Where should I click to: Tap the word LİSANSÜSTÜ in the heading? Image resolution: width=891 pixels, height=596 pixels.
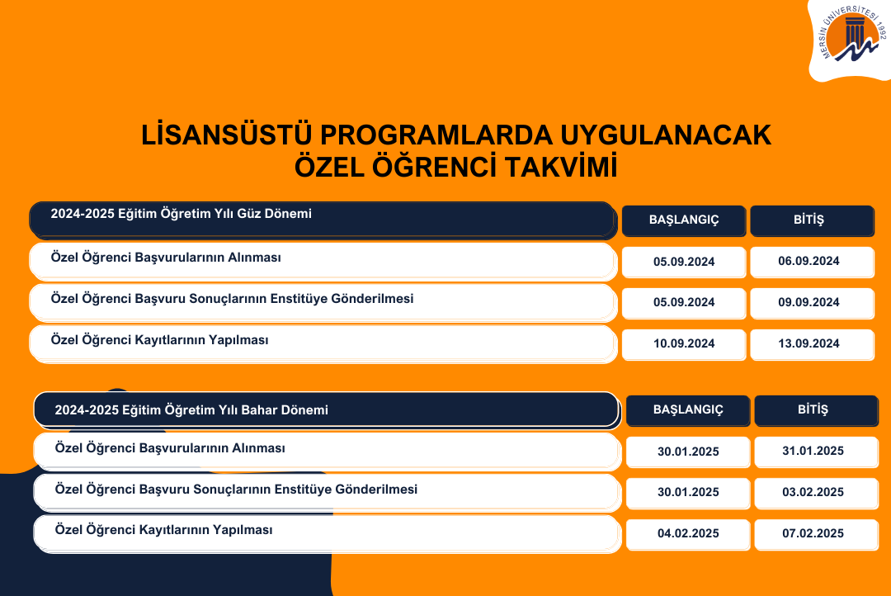(x=226, y=135)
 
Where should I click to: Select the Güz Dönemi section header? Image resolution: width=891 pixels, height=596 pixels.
(x=323, y=220)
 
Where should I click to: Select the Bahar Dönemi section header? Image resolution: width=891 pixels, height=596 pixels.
(x=327, y=409)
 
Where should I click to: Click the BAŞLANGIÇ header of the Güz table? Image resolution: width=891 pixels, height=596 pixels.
(x=684, y=220)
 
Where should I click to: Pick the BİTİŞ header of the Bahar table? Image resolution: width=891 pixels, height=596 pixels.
(x=816, y=410)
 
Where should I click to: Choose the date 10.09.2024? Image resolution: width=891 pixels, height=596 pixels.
(x=684, y=344)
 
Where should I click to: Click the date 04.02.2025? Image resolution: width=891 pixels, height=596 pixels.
(x=687, y=534)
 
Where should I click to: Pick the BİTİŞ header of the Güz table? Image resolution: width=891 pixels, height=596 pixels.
(x=812, y=220)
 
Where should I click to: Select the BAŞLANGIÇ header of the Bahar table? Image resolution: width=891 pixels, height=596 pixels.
(x=687, y=410)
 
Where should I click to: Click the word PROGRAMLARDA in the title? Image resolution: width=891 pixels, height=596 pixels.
(x=436, y=135)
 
